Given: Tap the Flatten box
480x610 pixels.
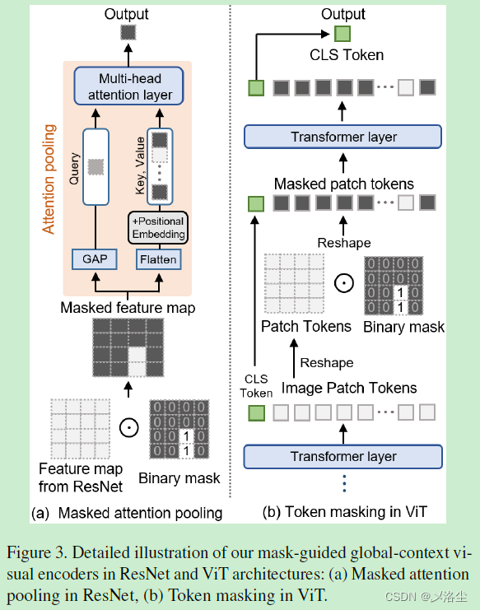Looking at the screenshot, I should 157,259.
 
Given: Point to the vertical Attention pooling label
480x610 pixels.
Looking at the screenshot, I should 49,179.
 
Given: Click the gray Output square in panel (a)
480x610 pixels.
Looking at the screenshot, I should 127,32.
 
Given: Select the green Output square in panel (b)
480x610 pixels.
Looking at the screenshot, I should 343,33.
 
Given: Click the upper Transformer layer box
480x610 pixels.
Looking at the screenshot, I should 343,137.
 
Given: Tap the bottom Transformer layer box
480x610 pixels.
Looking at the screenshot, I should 343,455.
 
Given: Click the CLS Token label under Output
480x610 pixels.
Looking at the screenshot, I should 347,55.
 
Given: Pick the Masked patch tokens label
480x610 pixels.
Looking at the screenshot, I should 343,184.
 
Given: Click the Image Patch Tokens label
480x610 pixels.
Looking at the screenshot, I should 349,387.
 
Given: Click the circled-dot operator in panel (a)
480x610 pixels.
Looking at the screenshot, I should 127,427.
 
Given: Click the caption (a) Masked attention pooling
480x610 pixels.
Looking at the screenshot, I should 127,513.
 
